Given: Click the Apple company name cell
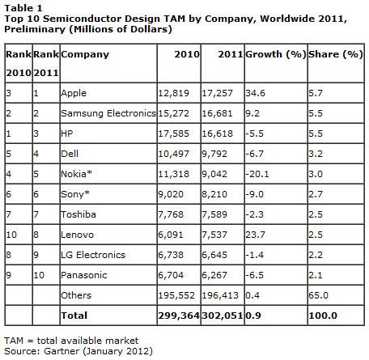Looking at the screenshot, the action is click(x=74, y=93).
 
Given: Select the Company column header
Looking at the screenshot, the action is click(x=85, y=55).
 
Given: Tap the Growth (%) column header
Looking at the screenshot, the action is click(x=276, y=54).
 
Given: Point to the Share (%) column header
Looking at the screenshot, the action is click(x=336, y=54).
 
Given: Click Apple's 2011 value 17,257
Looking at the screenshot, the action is click(x=217, y=93).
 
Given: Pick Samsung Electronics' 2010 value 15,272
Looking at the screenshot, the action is click(x=173, y=113).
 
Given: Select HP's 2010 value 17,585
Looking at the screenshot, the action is click(x=173, y=133).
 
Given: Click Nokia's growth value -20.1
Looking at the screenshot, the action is click(x=257, y=174).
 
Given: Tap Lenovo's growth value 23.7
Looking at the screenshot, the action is click(x=255, y=235).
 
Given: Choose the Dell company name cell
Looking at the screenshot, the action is click(x=70, y=154).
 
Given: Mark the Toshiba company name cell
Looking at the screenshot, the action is click(x=78, y=214).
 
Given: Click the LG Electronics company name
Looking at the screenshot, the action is click(x=93, y=255).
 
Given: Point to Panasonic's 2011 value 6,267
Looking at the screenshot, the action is click(x=214, y=275).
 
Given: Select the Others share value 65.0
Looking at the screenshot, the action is click(x=318, y=295).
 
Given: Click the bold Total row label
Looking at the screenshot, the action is click(x=74, y=316).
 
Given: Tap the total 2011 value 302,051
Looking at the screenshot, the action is click(x=223, y=316).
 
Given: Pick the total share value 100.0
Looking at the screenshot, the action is click(x=323, y=316).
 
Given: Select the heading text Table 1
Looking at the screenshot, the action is click(x=23, y=8).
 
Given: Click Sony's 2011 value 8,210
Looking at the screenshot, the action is click(x=214, y=194).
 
